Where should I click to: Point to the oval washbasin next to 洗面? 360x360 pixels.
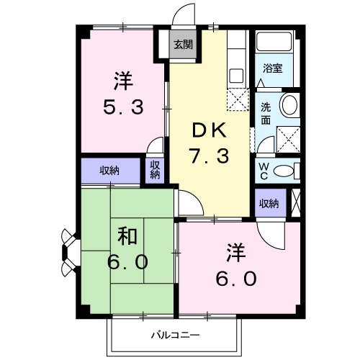pos(289,105)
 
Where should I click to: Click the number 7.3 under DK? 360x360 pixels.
pos(208,154)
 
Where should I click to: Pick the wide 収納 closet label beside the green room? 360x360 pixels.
pos(109,171)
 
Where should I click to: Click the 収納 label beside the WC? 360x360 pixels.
pos(269,204)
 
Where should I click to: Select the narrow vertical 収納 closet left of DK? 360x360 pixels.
pos(156,169)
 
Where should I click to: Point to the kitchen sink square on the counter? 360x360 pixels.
pos(235,73)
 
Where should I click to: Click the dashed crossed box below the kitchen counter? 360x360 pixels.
pos(235,99)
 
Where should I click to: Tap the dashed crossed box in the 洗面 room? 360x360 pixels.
pos(289,135)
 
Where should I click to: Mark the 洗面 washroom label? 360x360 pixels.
pos(264,113)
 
